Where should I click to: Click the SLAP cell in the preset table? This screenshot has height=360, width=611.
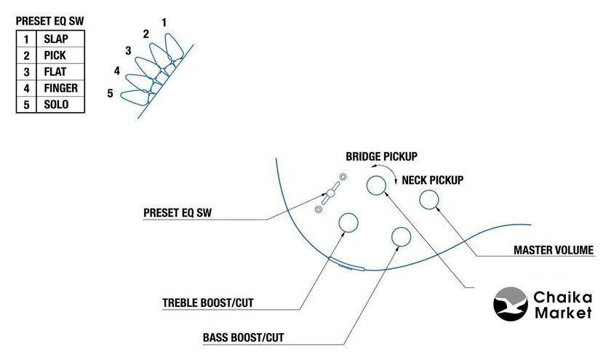coord(56,39)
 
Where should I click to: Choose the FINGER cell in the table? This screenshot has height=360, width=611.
coord(60,89)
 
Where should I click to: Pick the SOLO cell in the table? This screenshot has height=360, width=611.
coord(56,105)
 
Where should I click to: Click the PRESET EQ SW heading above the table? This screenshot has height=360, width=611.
coord(50,22)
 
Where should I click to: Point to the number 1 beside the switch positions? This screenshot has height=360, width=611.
coord(164,23)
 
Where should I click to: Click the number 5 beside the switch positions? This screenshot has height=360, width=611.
coord(110,93)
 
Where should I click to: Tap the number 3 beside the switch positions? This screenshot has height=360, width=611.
coord(128,50)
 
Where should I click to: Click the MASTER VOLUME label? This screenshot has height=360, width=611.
coord(554,251)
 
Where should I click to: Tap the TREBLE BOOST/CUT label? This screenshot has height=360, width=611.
coord(208,302)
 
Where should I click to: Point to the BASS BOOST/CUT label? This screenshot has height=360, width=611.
coord(244,338)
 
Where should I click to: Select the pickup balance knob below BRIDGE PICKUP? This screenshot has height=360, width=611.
coord(377,185)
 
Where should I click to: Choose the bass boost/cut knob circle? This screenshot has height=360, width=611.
coord(401,236)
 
